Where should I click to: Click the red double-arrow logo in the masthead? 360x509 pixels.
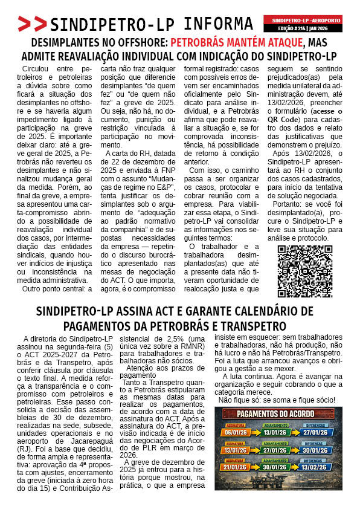click(x=32, y=24)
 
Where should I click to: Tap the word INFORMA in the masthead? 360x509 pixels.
click(x=218, y=24)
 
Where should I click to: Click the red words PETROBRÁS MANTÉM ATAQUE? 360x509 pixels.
click(x=236, y=43)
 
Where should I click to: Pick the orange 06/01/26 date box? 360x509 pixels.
click(x=236, y=432)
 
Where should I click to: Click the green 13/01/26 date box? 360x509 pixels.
click(x=278, y=432)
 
